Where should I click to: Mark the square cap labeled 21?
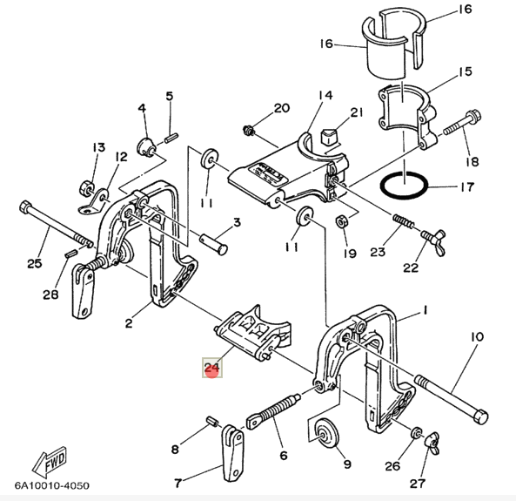(329, 135)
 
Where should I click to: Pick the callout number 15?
(465, 71)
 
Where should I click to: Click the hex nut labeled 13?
(87, 186)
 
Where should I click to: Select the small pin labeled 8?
(211, 421)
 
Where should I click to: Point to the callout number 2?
(128, 323)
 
